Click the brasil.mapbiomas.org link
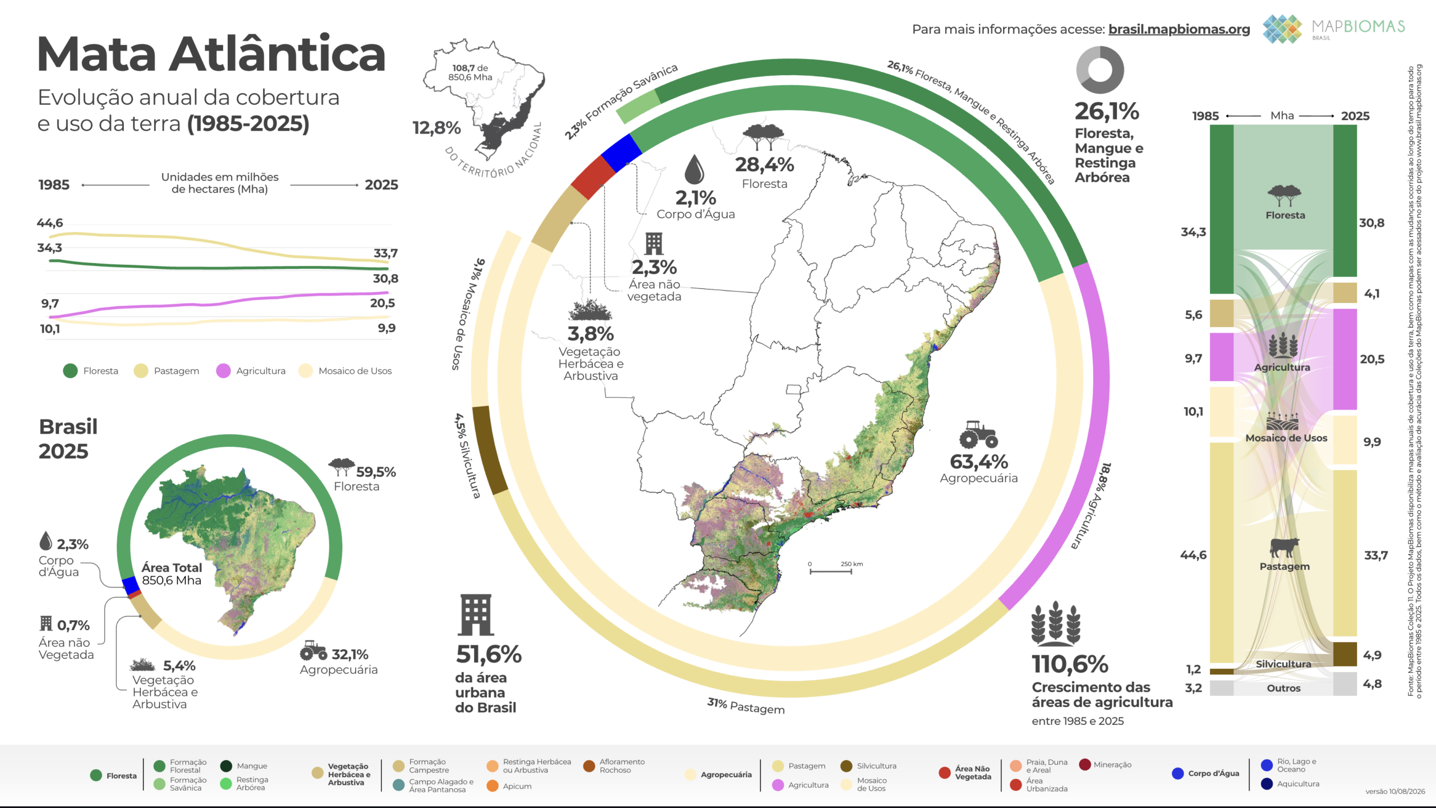click(x=1179, y=29)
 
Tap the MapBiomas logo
click(x=1334, y=29)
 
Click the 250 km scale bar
click(x=831, y=572)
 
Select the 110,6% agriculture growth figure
click(x=1070, y=664)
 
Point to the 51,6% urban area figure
click(x=489, y=654)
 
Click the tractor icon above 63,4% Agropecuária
click(x=978, y=435)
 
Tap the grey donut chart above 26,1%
click(x=1100, y=70)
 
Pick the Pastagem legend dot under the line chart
click(x=141, y=371)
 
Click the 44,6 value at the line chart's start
click(x=50, y=223)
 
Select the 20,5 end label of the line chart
click(x=383, y=303)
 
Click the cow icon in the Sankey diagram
click(x=1285, y=547)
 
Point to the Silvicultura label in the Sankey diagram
click(x=1283, y=664)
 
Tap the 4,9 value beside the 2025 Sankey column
click(x=1373, y=655)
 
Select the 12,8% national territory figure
click(x=436, y=128)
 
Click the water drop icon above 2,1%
click(x=694, y=169)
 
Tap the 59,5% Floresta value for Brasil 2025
click(x=376, y=472)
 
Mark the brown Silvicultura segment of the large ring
click(x=489, y=451)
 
